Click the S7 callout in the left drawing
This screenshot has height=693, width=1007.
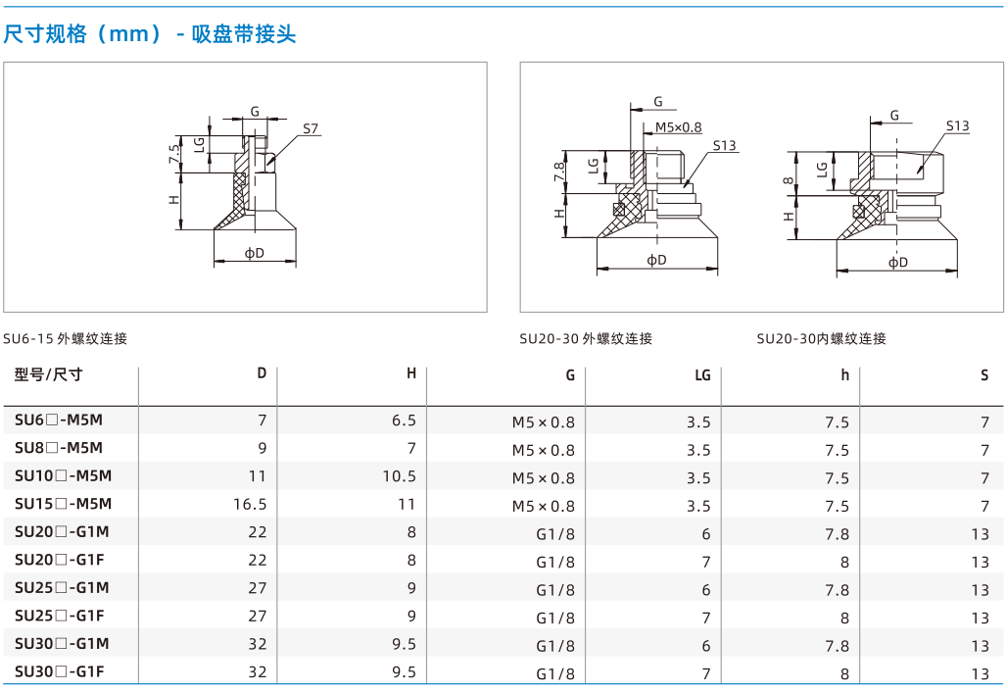tap(311, 128)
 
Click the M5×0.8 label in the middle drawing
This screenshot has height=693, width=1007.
tap(678, 127)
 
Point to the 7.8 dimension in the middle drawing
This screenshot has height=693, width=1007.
tap(559, 171)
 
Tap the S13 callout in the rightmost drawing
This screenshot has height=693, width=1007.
tap(958, 126)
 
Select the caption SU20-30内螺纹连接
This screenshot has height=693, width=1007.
tap(822, 338)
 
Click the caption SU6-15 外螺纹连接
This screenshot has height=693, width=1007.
tap(65, 338)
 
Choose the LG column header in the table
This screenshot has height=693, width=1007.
tap(702, 374)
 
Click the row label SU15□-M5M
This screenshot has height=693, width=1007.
tap(63, 504)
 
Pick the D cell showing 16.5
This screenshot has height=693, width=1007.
tap(250, 504)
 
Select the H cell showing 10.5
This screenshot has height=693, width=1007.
tap(400, 476)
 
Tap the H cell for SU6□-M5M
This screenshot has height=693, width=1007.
tap(404, 421)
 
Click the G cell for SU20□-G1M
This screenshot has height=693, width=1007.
tap(555, 534)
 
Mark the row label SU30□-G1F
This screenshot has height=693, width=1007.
tap(59, 671)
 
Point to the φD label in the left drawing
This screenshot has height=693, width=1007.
tap(255, 253)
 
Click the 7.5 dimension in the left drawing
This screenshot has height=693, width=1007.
tap(174, 154)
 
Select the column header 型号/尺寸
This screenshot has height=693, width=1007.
tap(49, 374)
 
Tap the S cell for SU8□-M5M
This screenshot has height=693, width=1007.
tap(984, 450)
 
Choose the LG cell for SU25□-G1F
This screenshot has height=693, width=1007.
tap(706, 618)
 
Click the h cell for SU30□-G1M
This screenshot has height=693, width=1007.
tap(837, 646)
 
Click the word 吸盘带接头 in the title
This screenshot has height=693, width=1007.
tap(244, 33)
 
